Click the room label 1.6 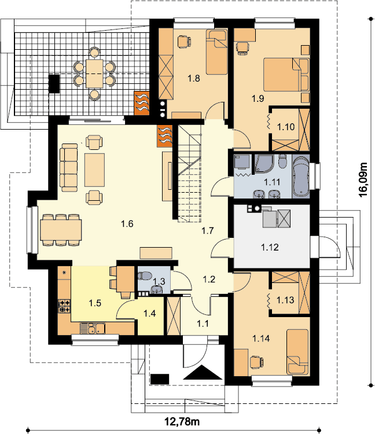127,223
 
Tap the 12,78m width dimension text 182,422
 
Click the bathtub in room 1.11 301,176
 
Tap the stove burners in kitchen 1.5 64,306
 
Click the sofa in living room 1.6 69,167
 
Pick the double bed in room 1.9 286,75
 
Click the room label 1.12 270,247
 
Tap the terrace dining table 94,73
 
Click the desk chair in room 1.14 256,362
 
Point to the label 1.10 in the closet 286,127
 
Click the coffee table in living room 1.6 95,170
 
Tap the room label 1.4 149,313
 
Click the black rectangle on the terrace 54,83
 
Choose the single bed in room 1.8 216,52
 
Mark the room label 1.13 285,300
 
